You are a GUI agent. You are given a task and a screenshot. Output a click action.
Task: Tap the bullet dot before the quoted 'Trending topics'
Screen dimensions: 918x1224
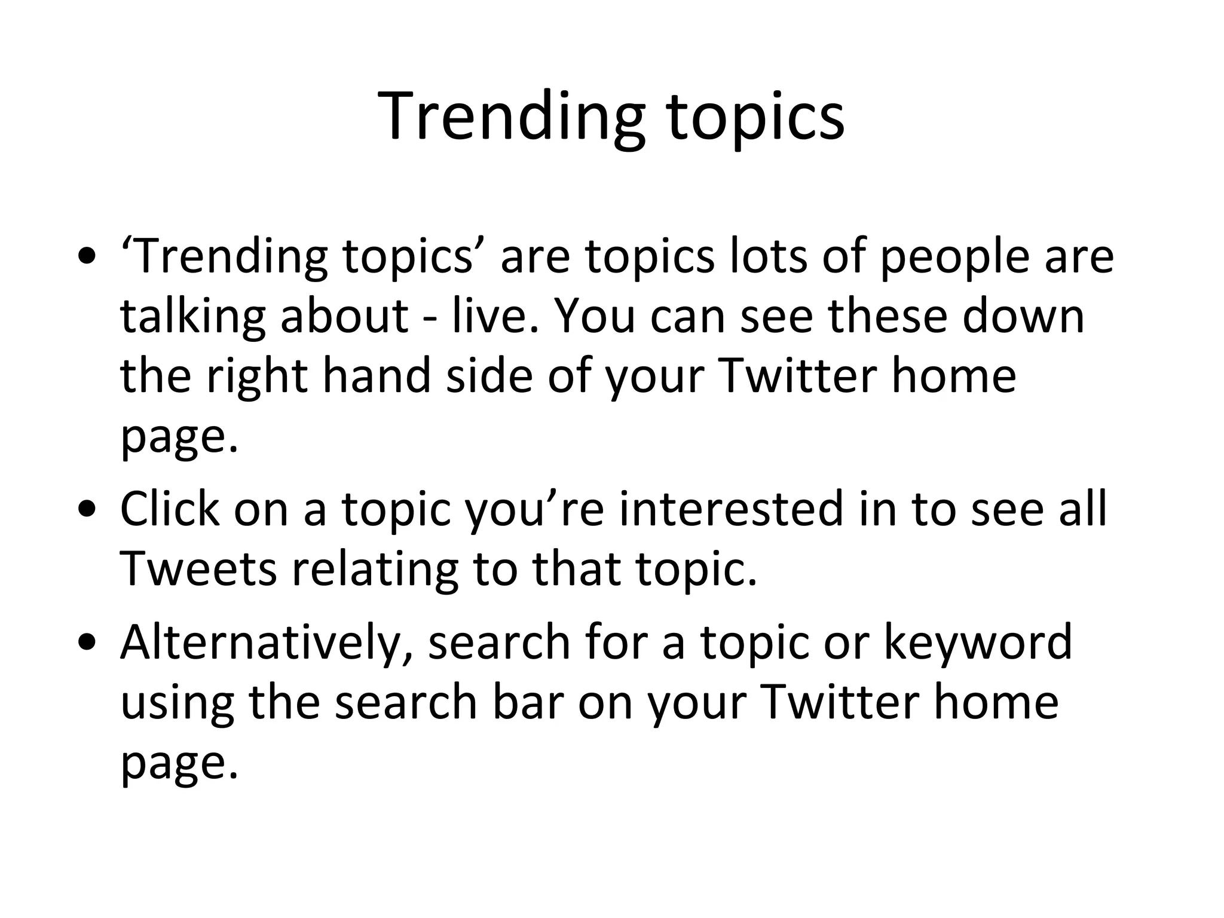(x=88, y=256)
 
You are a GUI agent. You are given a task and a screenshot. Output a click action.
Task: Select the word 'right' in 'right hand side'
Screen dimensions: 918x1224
(x=256, y=378)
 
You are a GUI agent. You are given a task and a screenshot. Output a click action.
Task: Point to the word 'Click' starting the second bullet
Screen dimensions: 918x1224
(x=169, y=509)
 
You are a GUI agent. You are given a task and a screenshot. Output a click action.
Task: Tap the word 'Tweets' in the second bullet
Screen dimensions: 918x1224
(x=198, y=569)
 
